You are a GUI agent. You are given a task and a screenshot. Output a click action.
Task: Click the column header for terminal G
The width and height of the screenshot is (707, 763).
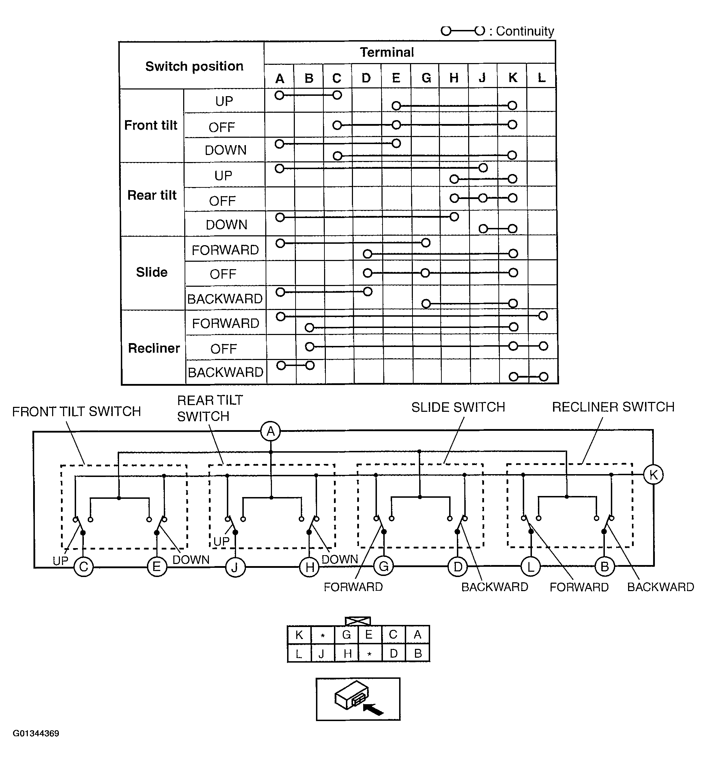pyautogui.click(x=426, y=78)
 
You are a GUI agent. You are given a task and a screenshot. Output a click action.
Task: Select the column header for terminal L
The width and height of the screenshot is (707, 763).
pyautogui.click(x=541, y=78)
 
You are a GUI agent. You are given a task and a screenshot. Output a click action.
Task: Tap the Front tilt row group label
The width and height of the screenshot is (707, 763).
pyautogui.click(x=151, y=125)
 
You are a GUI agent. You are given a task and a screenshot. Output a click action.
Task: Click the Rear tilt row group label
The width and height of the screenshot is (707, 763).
pyautogui.click(x=152, y=195)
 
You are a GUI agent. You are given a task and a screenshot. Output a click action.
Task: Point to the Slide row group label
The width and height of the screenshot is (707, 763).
pyautogui.click(x=152, y=272)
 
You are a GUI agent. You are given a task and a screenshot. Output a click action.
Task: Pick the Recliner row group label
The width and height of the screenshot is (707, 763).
pyautogui.click(x=154, y=348)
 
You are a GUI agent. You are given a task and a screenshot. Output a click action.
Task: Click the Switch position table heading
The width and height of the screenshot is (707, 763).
pyautogui.click(x=194, y=67)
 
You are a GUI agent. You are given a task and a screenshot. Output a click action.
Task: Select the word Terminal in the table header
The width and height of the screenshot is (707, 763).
pyautogui.click(x=387, y=52)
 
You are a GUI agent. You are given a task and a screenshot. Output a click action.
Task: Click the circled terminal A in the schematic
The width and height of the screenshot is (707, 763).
pyautogui.click(x=271, y=431)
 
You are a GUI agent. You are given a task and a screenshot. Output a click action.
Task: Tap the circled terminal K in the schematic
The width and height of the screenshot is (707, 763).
pyautogui.click(x=653, y=475)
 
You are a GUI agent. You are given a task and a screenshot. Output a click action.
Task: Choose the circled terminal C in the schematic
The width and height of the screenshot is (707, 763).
pyautogui.click(x=83, y=567)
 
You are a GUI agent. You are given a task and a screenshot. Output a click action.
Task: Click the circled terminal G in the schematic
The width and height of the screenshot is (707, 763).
pyautogui.click(x=384, y=566)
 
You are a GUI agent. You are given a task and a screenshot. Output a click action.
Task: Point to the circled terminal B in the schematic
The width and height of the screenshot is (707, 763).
pyautogui.click(x=605, y=566)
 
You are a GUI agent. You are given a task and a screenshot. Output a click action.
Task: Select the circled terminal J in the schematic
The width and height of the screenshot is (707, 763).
pyautogui.click(x=235, y=567)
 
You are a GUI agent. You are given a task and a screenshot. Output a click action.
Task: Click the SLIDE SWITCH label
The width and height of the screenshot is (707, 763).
pyautogui.click(x=458, y=407)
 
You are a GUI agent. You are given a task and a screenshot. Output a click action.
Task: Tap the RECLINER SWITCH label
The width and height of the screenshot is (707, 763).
pyautogui.click(x=613, y=407)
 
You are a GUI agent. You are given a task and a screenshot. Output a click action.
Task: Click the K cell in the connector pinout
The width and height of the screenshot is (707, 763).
pyautogui.click(x=299, y=635)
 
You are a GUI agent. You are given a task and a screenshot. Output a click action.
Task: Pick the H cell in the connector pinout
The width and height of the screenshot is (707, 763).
pyautogui.click(x=347, y=653)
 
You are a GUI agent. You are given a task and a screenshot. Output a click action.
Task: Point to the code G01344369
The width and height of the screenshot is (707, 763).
pyautogui.click(x=36, y=733)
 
